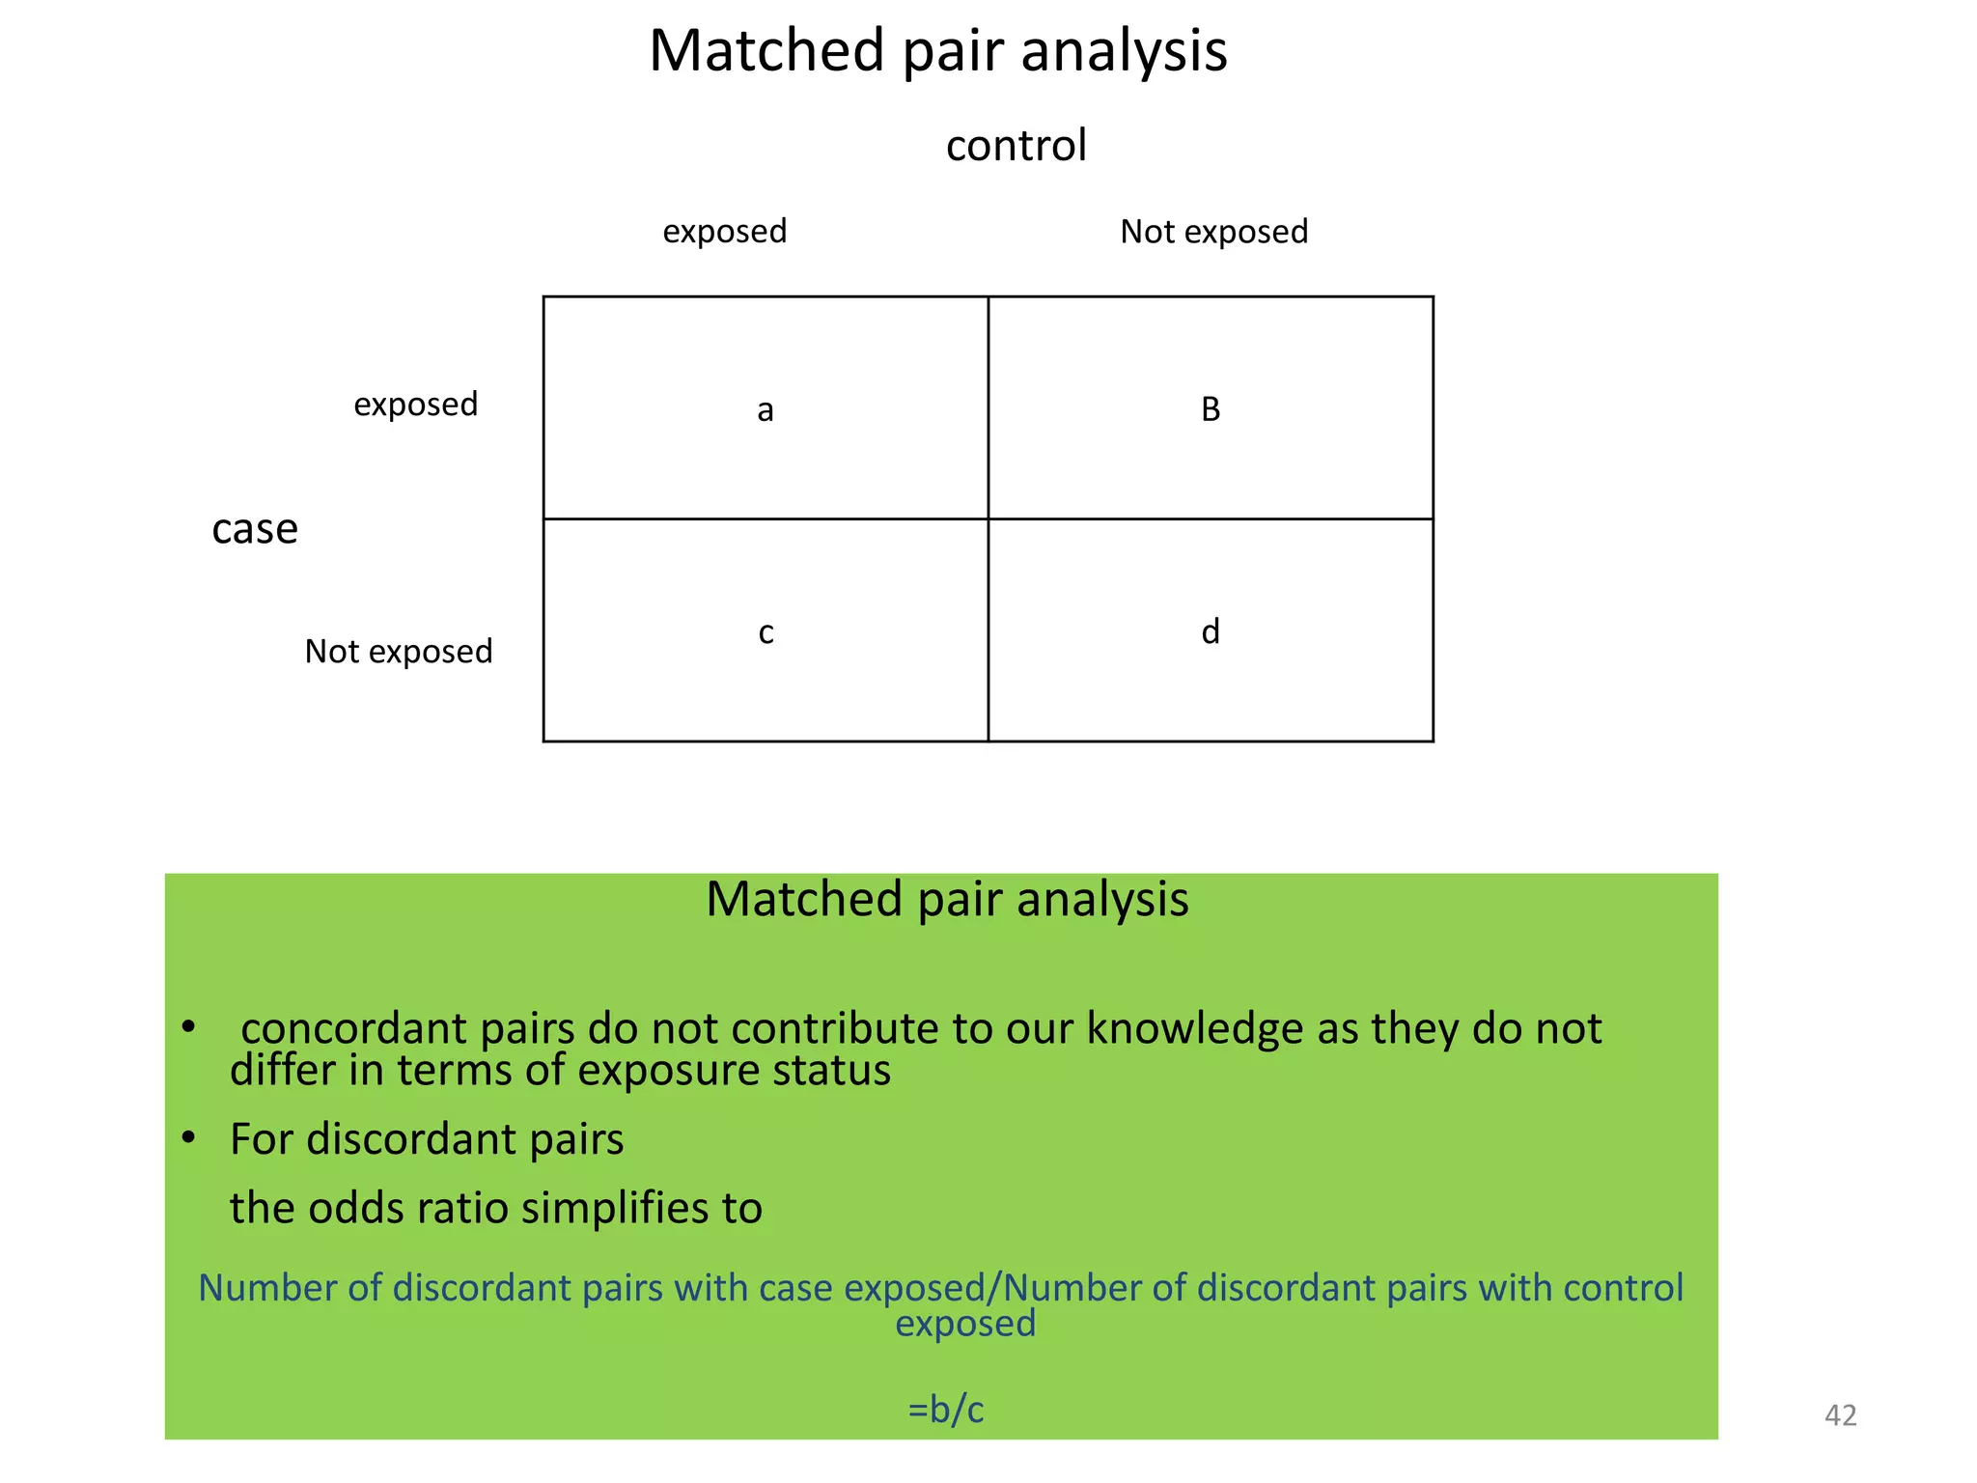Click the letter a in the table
click(766, 411)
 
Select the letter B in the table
click(1211, 409)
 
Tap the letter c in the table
click(766, 632)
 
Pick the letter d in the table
click(1211, 631)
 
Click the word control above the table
click(1016, 146)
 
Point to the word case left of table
click(255, 529)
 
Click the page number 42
click(1840, 1415)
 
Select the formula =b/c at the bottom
click(946, 1410)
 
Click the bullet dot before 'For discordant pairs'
click(189, 1138)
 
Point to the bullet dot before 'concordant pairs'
click(189, 1026)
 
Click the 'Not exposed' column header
click(1213, 232)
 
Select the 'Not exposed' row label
click(399, 652)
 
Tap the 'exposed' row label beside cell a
click(415, 405)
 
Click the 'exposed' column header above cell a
click(724, 232)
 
